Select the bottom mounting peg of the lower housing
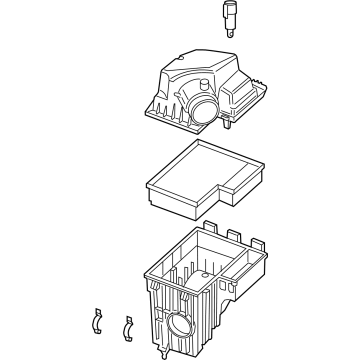162,354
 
